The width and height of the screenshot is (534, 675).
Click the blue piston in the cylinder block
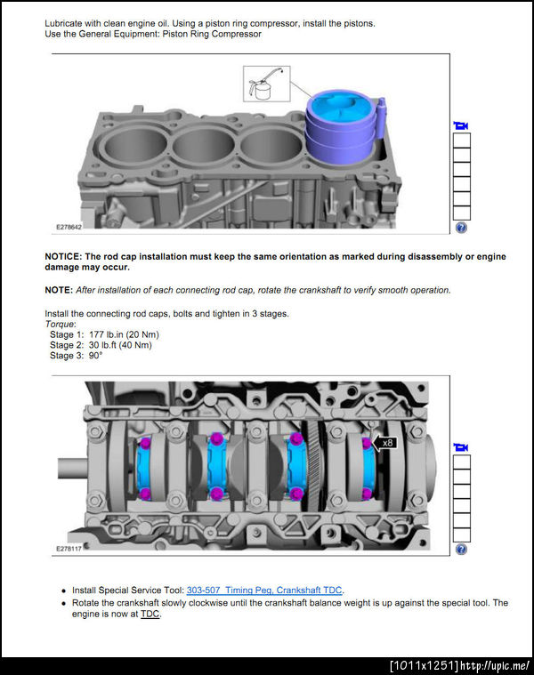pyautogui.click(x=342, y=126)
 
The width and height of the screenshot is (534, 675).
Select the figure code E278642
pyautogui.click(x=69, y=227)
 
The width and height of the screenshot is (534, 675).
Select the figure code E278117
pyautogui.click(x=69, y=549)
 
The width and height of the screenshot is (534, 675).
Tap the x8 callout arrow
pyautogui.click(x=384, y=443)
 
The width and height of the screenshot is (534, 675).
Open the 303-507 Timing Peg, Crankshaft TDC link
pyautogui.click(x=264, y=591)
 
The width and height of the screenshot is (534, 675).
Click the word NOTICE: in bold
pyautogui.click(x=63, y=256)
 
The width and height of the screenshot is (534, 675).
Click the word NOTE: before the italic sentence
pyautogui.click(x=59, y=290)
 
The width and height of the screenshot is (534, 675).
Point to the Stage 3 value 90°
pyautogui.click(x=95, y=356)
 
